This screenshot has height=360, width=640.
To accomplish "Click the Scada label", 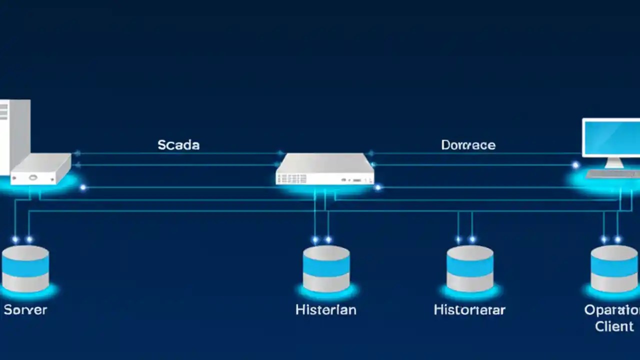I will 178,145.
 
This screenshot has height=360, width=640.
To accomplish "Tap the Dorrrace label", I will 468,145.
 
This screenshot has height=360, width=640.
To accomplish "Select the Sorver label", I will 25,309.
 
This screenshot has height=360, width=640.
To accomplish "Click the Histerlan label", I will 326,309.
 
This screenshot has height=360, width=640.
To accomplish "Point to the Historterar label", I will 469,309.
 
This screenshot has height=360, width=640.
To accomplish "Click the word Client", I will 614,326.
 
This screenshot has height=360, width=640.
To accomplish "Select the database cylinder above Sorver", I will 25,268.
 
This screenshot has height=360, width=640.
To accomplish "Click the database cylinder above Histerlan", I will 326,268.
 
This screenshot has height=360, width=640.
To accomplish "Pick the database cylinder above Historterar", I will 470,268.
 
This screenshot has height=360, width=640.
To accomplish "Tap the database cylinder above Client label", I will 614,268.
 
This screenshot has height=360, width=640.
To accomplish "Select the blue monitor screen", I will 612,137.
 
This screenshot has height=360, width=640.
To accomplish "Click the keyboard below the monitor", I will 612,174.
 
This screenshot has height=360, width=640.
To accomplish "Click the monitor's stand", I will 614,162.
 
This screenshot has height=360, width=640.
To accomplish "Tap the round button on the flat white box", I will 33,177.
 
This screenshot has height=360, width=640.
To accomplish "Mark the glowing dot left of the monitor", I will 575,164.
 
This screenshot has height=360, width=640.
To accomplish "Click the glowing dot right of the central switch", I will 378,187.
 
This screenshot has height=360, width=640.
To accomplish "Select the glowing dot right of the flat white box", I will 83,187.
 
